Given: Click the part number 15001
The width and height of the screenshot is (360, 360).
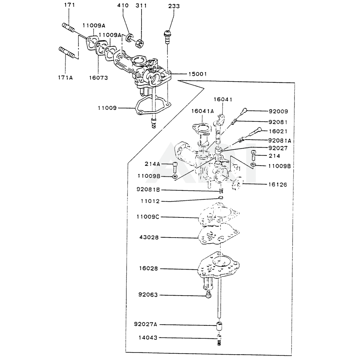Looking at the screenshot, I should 197,74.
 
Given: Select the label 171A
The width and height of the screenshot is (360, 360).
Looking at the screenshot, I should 65,77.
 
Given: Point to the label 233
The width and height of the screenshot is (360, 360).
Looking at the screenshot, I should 174,6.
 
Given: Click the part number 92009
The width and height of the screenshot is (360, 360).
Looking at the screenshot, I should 278,111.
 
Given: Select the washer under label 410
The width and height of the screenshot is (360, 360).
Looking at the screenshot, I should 129,37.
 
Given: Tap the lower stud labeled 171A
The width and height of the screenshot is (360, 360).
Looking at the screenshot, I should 67,52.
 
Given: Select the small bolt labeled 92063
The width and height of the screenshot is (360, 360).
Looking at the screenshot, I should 208,295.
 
